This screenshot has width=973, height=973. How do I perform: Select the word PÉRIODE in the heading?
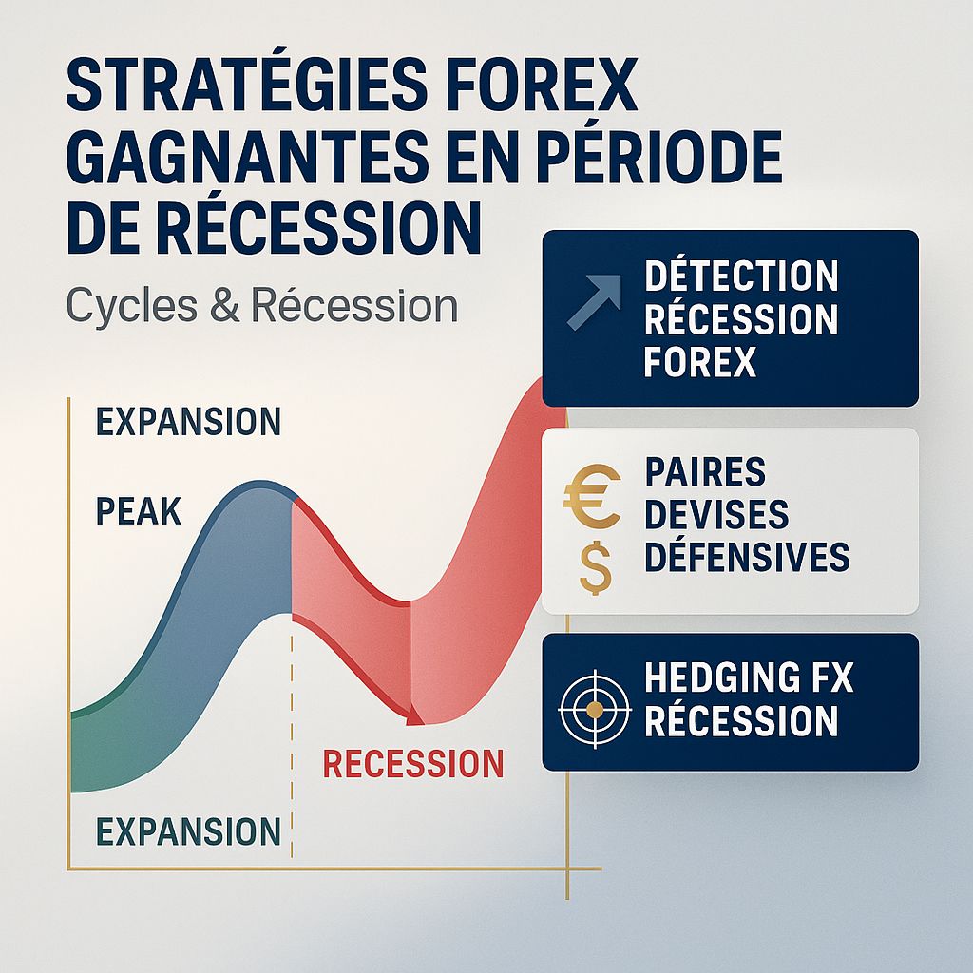click(x=666, y=160)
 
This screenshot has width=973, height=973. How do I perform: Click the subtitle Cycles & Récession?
click(x=262, y=306)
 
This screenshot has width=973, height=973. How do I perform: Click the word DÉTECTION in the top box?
click(x=741, y=277)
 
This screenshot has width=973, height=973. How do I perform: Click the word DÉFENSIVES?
click(x=747, y=557)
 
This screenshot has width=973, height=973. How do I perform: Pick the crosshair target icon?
click(x=594, y=709)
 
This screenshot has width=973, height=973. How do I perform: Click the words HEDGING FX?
click(x=749, y=678)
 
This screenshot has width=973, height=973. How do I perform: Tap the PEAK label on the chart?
click(x=139, y=512)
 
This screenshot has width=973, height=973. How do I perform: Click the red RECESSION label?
click(x=413, y=764)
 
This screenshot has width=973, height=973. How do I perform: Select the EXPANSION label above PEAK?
click(x=189, y=421)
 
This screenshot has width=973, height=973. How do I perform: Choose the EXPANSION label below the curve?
click(x=189, y=831)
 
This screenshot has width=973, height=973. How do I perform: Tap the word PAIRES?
click(x=705, y=472)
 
